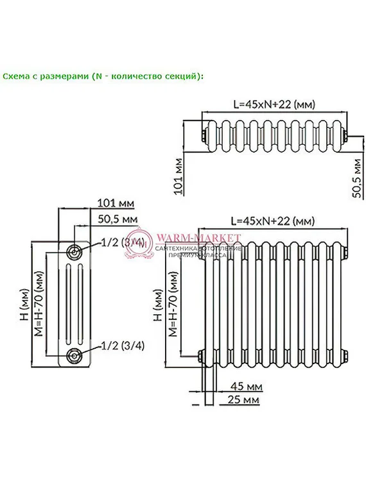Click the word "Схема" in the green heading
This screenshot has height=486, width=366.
point(15,76)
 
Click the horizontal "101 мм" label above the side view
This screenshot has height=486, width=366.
point(115,203)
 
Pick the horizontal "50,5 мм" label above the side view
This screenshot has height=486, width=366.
point(118,219)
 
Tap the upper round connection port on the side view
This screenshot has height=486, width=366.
point(74,251)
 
